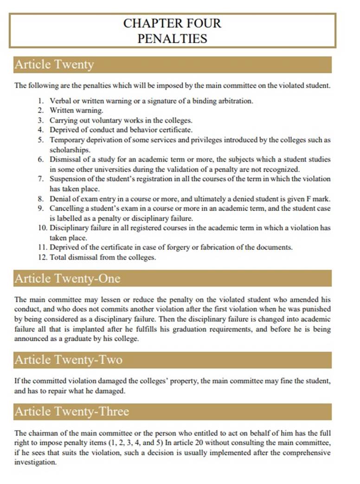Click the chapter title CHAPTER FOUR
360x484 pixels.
pyautogui.click(x=172, y=24)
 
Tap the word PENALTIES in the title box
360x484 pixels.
pyautogui.click(x=172, y=38)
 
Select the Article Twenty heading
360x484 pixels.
pyautogui.click(x=54, y=65)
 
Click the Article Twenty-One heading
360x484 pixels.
pyautogui.click(x=67, y=279)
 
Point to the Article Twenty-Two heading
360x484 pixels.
pyautogui.click(x=68, y=360)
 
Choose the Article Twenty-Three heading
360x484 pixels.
pyautogui.click(x=71, y=412)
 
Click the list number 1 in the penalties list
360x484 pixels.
pyautogui.click(x=41, y=101)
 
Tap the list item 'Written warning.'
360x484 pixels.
pyautogui.click(x=77, y=110)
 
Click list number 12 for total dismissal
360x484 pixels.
pyautogui.click(x=42, y=257)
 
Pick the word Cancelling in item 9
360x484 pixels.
pyautogui.click(x=66, y=209)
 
